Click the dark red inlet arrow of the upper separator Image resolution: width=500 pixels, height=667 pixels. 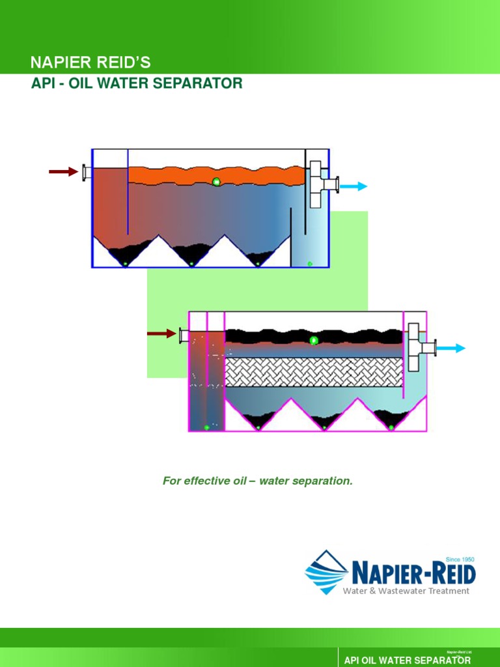click(63, 172)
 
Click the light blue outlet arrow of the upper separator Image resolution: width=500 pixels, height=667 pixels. click(354, 186)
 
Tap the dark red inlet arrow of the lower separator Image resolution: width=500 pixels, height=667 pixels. click(161, 334)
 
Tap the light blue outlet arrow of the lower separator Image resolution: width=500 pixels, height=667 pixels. click(451, 348)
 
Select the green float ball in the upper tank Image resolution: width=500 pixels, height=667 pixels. click(216, 182)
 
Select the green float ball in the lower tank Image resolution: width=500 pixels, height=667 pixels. click(314, 340)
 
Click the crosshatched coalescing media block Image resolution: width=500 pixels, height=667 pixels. click(314, 372)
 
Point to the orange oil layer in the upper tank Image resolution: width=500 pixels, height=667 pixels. click(195, 174)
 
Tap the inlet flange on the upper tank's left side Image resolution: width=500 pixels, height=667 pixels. click(85, 172)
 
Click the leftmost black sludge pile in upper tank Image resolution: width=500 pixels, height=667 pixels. click(126, 255)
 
